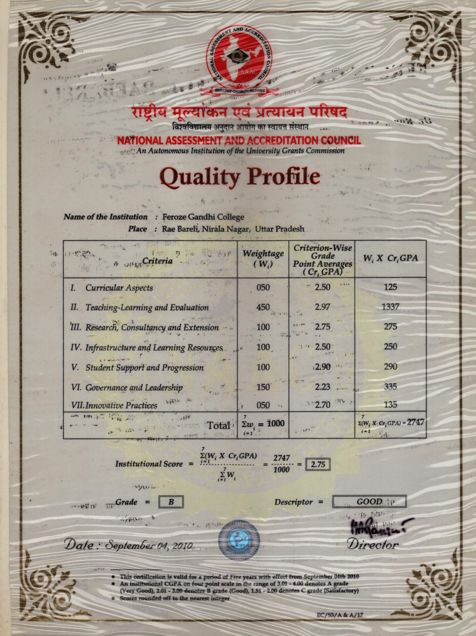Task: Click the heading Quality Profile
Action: [240, 176]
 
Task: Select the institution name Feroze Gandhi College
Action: [203, 217]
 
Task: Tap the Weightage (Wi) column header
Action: [263, 258]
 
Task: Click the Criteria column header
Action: [158, 261]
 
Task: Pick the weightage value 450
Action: [263, 307]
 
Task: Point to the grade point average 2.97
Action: [322, 307]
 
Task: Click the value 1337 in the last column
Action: [390, 307]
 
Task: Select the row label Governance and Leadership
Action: [134, 388]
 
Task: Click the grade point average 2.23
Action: [322, 387]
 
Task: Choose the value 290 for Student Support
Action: [390, 367]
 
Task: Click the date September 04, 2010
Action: [149, 545]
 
